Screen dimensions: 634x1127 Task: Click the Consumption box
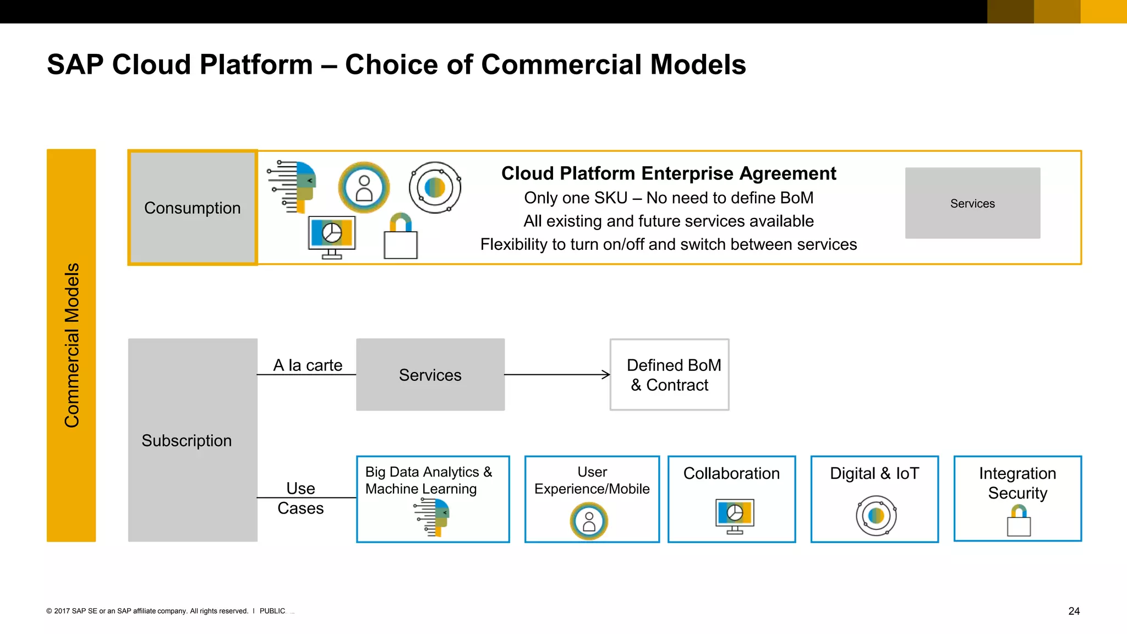click(x=192, y=207)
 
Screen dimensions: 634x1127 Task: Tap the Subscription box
click(x=192, y=440)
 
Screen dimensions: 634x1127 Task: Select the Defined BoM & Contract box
click(x=669, y=375)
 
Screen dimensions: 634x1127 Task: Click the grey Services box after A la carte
click(x=430, y=375)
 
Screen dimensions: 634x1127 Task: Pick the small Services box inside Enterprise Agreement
click(x=972, y=203)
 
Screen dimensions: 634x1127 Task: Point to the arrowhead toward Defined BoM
click(x=606, y=375)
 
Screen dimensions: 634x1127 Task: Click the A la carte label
click(x=308, y=365)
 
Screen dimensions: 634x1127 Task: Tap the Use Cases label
click(x=300, y=498)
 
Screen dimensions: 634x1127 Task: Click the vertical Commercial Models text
click(x=72, y=345)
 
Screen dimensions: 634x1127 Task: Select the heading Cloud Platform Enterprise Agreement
click(x=668, y=173)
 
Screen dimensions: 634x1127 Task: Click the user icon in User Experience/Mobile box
click(x=589, y=521)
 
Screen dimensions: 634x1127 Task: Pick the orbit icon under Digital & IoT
click(x=876, y=516)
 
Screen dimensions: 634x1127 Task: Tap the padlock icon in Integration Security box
click(x=1019, y=521)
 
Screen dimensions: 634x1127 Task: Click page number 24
click(x=1074, y=611)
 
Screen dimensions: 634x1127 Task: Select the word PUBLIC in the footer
click(x=272, y=611)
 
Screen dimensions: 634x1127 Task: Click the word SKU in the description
click(x=610, y=198)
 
